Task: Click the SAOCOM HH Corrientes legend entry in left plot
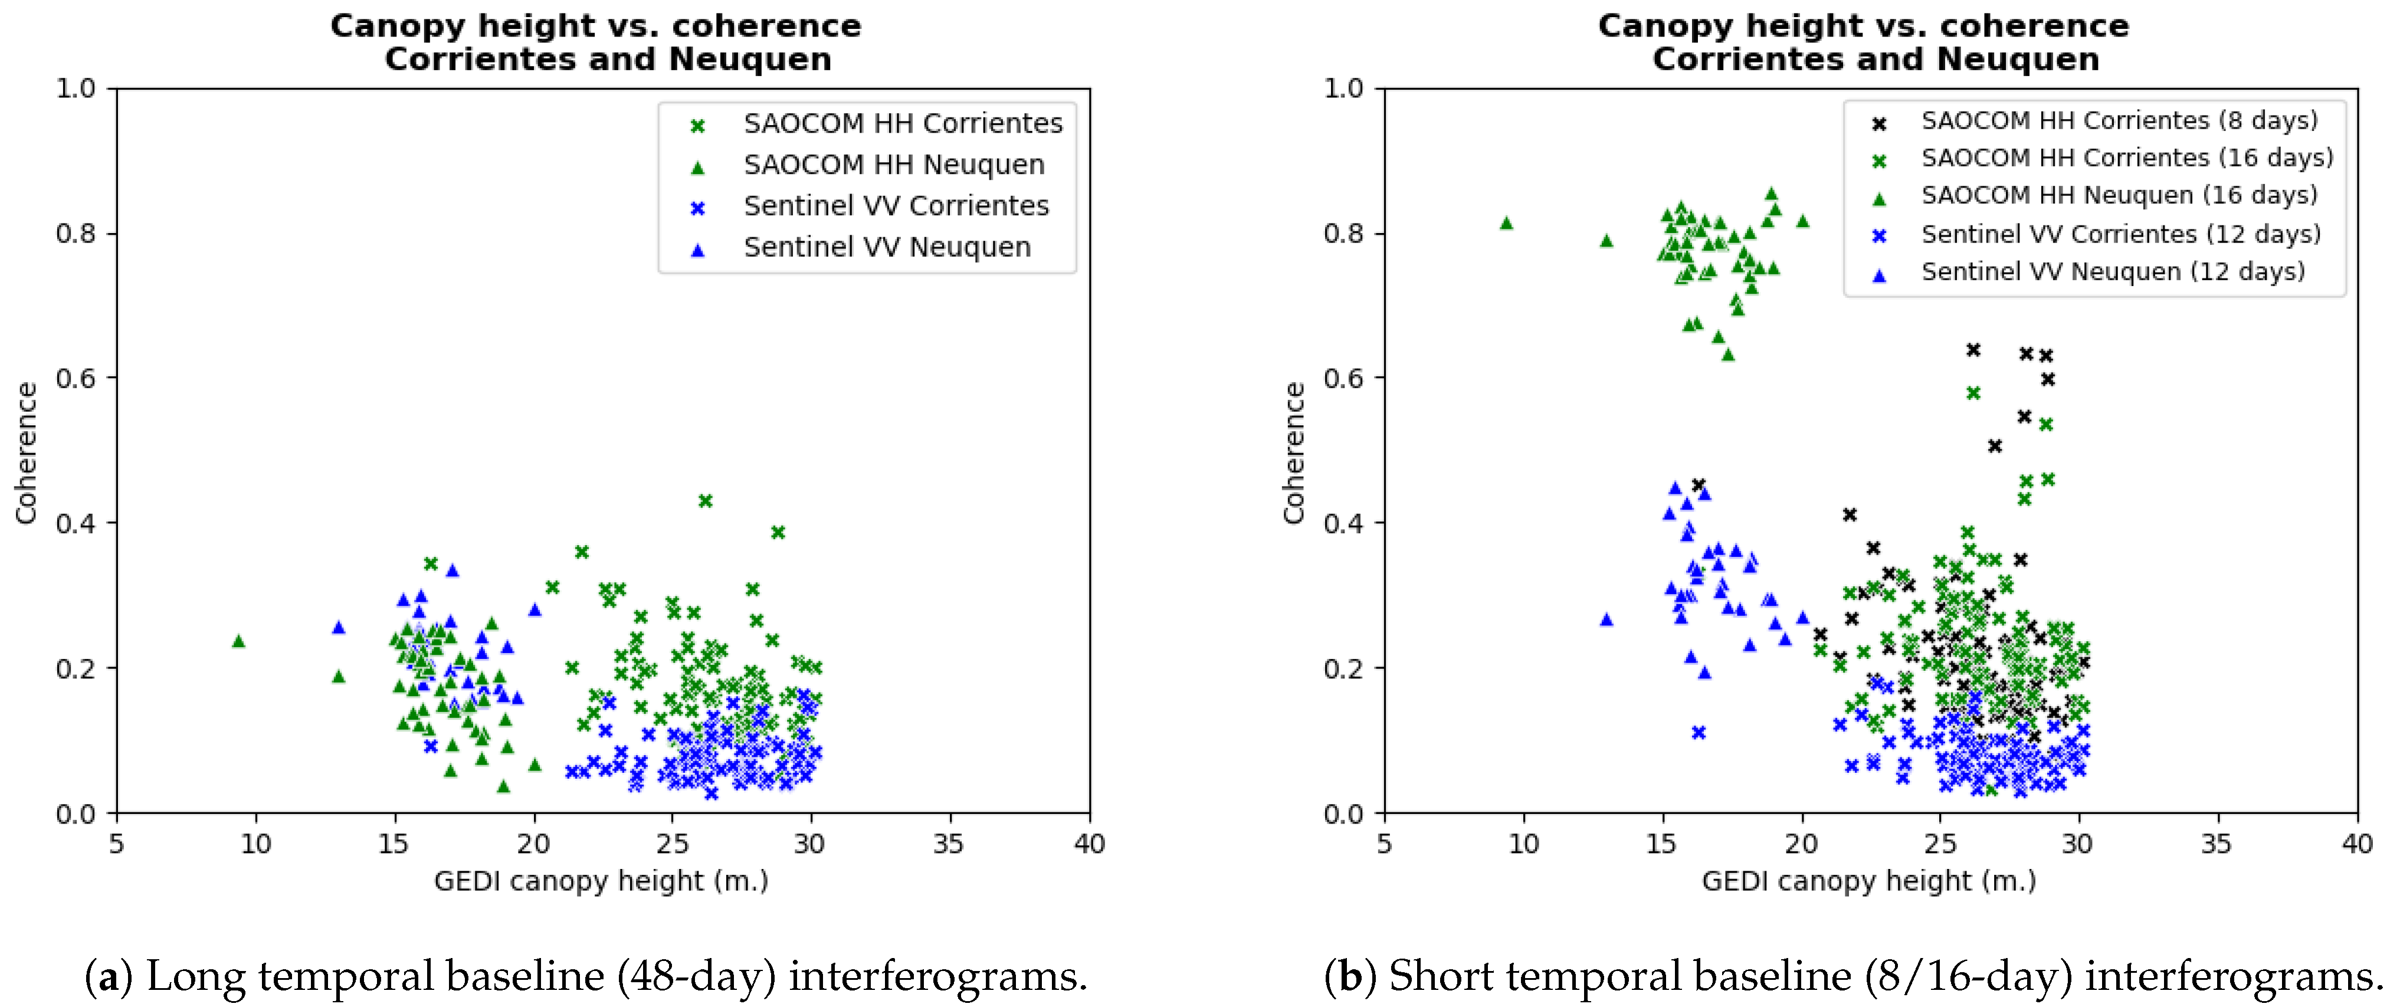pos(902,124)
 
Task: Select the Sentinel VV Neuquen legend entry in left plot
pos(886,248)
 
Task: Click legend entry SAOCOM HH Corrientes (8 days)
pos(2119,121)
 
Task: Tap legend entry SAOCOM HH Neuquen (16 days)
pos(2118,196)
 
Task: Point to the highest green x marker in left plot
pos(705,501)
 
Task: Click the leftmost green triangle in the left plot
pos(238,641)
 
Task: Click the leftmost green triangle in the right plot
pos(1507,222)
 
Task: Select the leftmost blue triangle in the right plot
pos(1606,619)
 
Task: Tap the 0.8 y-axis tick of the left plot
pos(76,233)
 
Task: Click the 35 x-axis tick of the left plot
pos(949,844)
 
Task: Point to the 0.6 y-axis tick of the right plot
pos(1343,378)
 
